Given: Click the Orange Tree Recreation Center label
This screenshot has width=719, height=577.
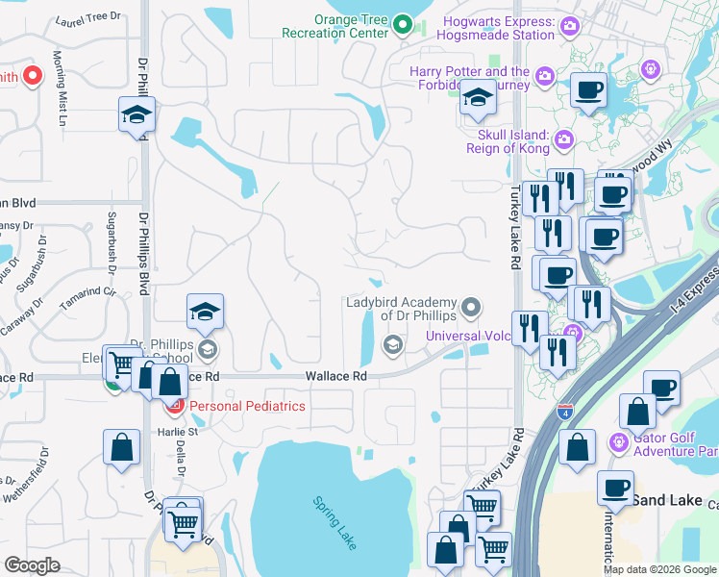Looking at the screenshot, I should click(x=335, y=26).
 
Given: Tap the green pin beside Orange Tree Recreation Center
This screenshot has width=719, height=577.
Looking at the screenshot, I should click(x=405, y=26).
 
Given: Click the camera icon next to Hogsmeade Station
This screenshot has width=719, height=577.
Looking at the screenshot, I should click(x=571, y=27).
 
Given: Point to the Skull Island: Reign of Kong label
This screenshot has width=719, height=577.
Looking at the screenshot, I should click(x=507, y=141).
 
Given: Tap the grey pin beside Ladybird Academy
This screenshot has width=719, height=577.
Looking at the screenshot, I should click(x=471, y=308).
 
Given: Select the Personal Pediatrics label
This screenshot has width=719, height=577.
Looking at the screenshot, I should click(x=247, y=406).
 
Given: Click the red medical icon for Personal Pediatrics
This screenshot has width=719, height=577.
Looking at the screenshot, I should click(x=175, y=406).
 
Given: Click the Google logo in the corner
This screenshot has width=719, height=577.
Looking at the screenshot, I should click(x=32, y=565).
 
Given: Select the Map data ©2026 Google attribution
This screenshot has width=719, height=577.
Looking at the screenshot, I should click(x=659, y=569).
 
